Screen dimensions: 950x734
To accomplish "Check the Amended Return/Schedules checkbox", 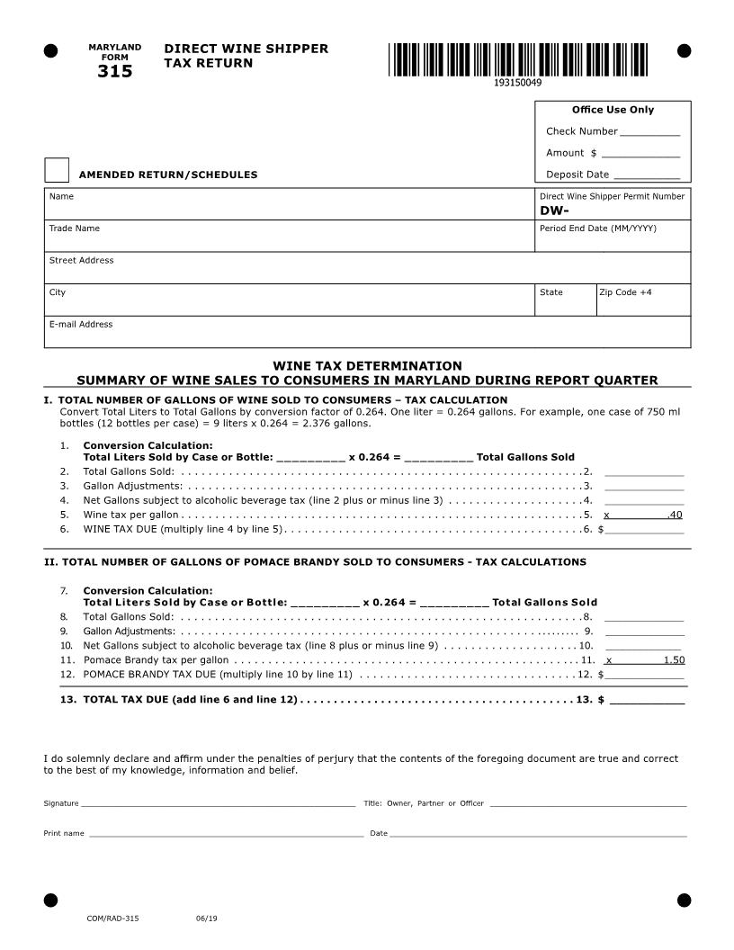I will (57, 170).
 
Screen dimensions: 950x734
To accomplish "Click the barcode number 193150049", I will (517, 83).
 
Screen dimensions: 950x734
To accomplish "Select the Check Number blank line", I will (649, 133).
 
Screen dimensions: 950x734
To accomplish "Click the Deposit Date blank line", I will (646, 176).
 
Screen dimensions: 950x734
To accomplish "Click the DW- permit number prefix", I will (554, 211).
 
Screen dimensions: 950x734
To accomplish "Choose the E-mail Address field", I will (367, 336).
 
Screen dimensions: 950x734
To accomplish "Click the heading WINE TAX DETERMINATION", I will (367, 366).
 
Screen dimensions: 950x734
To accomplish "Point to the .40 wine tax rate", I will (675, 515).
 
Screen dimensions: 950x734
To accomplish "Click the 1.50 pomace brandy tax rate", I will (674, 659).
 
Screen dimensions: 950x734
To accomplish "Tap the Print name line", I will (225, 833).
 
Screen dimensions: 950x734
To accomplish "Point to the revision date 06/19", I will (206, 919).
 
